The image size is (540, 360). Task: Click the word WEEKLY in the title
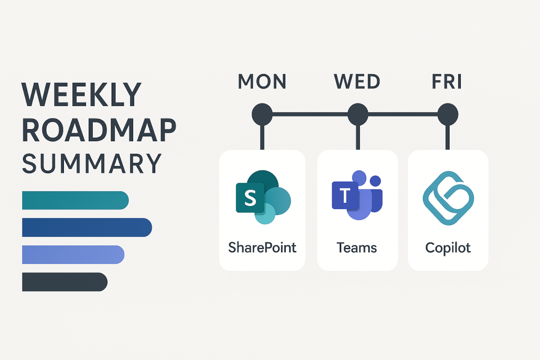click(x=81, y=95)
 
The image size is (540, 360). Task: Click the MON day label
click(x=262, y=82)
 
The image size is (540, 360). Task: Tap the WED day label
click(x=357, y=82)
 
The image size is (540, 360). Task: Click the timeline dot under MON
click(x=262, y=114)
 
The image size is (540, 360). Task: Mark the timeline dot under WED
click(x=358, y=114)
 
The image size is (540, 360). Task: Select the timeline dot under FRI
click(x=448, y=114)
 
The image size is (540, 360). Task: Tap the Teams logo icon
click(x=357, y=196)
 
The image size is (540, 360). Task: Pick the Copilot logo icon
click(x=448, y=197)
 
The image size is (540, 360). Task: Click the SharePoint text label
click(x=262, y=247)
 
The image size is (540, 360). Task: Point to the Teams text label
click(x=357, y=247)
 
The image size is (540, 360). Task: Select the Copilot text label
click(x=448, y=247)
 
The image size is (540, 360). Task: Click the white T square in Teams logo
click(x=345, y=196)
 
